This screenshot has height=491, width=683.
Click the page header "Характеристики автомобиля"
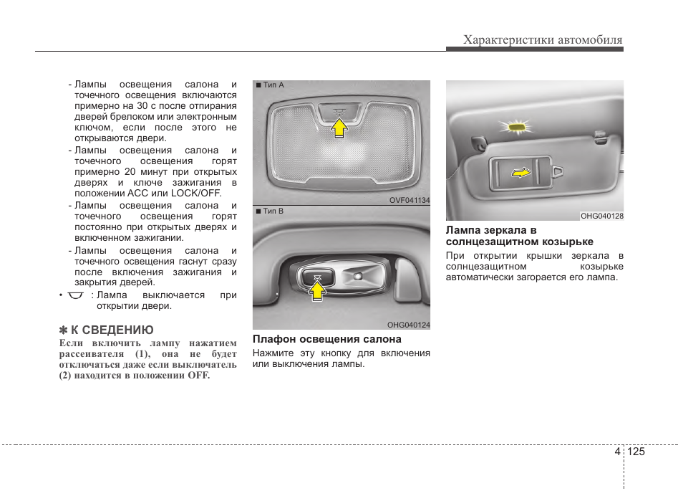click(543, 40)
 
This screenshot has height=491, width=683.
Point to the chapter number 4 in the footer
click(616, 452)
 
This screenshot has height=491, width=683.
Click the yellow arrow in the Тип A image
click(339, 128)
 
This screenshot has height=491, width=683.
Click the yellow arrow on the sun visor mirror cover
click(522, 172)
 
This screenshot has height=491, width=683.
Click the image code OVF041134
click(410, 201)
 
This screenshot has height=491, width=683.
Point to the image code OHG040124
click(409, 325)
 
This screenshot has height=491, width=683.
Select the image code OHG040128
click(602, 216)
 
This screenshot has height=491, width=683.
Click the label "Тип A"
click(273, 85)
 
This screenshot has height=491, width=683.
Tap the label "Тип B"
click(273, 211)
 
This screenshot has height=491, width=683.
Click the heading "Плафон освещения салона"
click(326, 339)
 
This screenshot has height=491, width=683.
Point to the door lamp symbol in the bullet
click(76, 295)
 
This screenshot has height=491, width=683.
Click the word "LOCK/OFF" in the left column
click(196, 193)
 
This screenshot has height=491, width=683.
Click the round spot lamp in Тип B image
click(358, 275)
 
